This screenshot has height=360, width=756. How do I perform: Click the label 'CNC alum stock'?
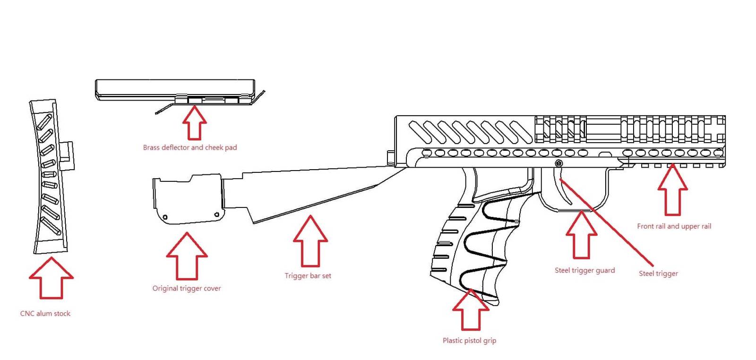click(45, 314)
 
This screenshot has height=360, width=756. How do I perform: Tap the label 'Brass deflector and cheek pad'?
click(190, 147)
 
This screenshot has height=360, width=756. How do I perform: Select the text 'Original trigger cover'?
click(187, 288)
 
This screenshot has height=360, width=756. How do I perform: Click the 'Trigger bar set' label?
click(308, 276)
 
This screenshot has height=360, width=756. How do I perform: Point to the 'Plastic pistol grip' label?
click(469, 341)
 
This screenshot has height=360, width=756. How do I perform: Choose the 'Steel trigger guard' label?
click(584, 271)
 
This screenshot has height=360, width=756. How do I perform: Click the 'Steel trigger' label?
click(658, 274)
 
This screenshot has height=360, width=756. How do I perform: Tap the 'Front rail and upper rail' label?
click(674, 226)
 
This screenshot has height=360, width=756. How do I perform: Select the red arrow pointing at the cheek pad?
click(195, 123)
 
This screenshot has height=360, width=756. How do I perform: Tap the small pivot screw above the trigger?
click(558, 163)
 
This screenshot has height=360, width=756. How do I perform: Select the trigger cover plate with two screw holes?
click(188, 201)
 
